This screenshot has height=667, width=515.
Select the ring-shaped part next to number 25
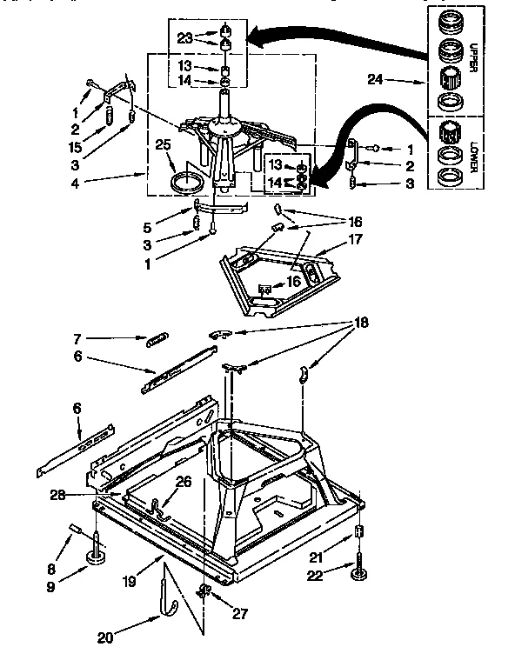click(184, 183)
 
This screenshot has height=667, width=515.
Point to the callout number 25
click(162, 145)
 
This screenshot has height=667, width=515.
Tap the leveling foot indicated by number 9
click(97, 557)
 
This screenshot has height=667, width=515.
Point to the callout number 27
click(239, 613)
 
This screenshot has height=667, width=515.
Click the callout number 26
click(182, 481)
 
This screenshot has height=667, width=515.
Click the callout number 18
click(361, 323)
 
